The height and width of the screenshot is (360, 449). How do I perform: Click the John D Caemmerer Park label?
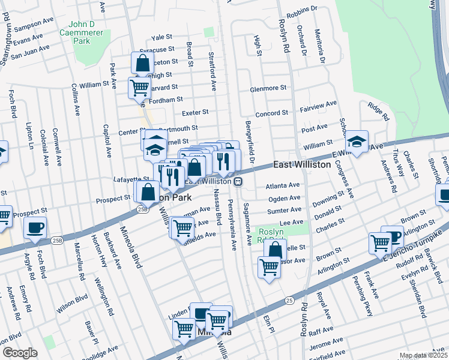82,33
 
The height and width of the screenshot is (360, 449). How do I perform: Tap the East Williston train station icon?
238,181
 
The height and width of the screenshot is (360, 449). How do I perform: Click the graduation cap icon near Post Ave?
357,142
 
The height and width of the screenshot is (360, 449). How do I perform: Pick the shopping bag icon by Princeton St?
142,62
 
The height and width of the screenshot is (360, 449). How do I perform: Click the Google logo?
20,353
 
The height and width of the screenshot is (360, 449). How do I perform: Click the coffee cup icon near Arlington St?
393,236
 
